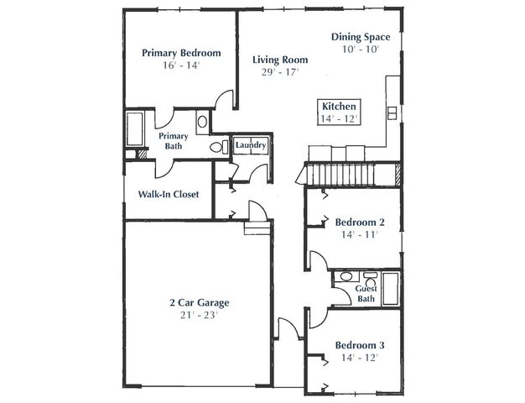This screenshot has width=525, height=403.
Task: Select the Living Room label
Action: point(280,60)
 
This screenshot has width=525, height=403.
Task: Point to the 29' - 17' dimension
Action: point(280,73)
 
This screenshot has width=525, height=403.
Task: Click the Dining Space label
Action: point(361,37)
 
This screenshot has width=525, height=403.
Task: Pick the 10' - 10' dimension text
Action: point(361,50)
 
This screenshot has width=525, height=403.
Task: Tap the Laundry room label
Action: point(251,146)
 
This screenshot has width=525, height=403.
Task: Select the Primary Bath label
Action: point(174,140)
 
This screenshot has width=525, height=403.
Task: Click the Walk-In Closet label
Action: point(169,194)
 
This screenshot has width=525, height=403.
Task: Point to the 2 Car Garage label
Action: point(198,303)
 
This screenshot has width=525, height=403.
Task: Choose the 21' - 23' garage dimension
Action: point(198,316)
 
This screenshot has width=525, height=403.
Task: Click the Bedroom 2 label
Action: point(360,222)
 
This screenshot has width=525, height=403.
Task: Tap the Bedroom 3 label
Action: point(360,345)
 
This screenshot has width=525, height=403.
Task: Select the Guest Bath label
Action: point(366,293)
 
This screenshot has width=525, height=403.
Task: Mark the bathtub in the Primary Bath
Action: point(136,129)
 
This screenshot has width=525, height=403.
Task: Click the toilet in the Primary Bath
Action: point(218,147)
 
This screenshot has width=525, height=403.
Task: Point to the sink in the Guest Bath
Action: point(344,276)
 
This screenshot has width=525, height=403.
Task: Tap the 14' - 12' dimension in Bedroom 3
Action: point(360,358)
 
